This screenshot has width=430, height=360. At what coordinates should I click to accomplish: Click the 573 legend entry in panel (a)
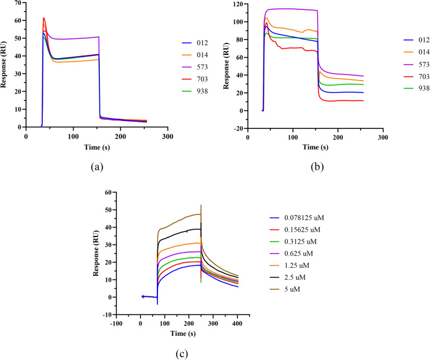click(x=195, y=67)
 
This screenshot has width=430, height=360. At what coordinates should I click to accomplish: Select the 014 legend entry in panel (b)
click(x=416, y=52)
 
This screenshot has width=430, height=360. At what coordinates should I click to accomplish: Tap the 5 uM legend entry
click(x=285, y=289)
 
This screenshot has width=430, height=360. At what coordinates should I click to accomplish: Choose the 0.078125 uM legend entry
click(x=297, y=218)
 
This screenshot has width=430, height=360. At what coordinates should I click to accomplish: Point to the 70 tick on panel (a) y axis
click(x=19, y=3)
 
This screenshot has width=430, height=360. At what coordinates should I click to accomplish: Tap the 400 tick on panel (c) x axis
click(x=237, y=324)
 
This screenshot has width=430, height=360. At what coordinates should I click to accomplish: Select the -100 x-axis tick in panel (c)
click(x=116, y=324)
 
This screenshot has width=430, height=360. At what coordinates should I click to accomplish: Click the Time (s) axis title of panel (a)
click(x=97, y=147)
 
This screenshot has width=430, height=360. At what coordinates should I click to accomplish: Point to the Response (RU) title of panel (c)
click(x=95, y=254)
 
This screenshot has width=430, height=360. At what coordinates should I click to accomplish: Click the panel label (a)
click(x=97, y=167)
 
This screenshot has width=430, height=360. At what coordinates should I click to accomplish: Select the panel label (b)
click(x=317, y=167)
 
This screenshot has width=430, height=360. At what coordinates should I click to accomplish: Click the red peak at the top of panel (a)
click(x=44, y=18)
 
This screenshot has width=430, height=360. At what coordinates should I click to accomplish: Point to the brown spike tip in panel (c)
click(x=201, y=205)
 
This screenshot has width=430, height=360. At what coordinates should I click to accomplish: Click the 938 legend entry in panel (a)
click(x=195, y=91)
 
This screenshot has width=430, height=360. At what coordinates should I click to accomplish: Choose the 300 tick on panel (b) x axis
click(x=383, y=137)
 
